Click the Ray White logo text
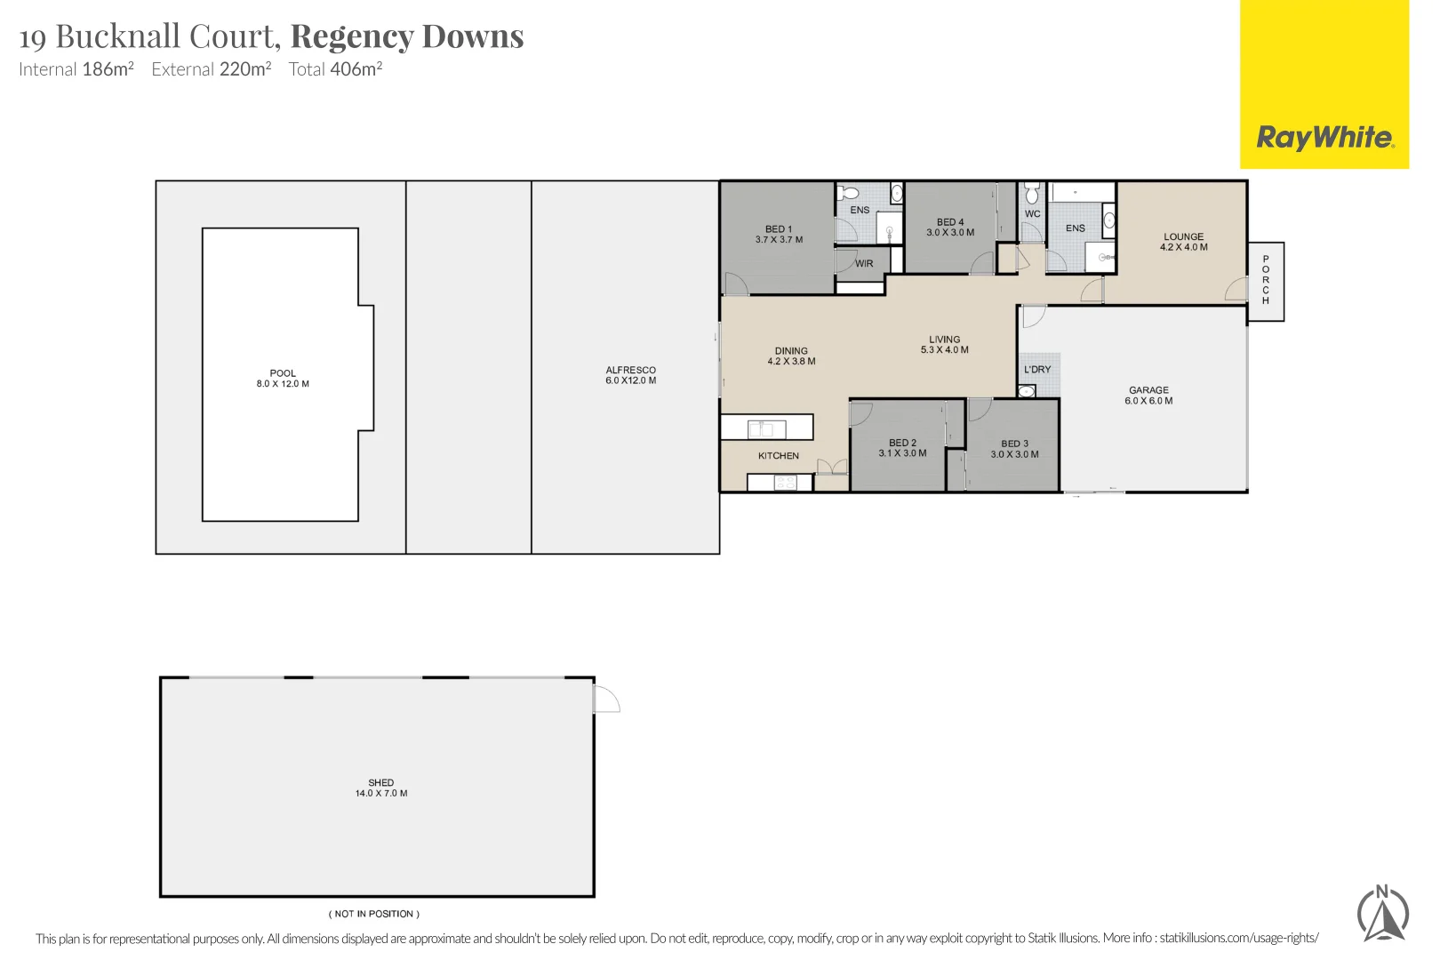coord(1324,137)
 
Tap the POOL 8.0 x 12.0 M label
coord(283,379)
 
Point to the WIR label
coord(864,264)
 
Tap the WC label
coord(1032,214)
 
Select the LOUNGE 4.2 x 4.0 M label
coord(1183,242)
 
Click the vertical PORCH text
coord(1266,280)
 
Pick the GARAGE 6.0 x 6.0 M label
coord(1148,396)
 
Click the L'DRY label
coord(1037,370)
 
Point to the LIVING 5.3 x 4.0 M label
coord(944,345)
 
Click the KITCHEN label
coord(778,456)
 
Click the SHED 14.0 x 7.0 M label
coord(381,788)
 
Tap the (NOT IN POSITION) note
coord(374,914)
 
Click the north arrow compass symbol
coord(1382,914)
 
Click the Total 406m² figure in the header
coord(335,69)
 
